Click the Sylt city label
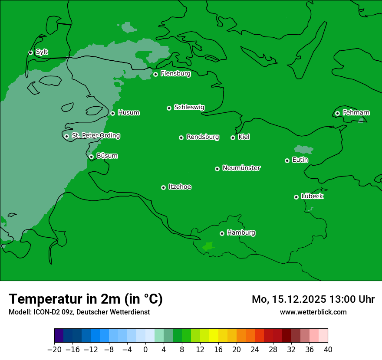pos(42,52)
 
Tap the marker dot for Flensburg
pos(155,74)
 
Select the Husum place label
pos(128,113)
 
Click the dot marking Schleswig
pos(169,108)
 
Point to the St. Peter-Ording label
pos(95,136)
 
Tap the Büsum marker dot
pos(91,157)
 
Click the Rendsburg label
pos(203,137)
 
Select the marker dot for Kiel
pos(233,137)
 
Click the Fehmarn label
pos(356,113)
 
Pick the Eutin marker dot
pos(287,160)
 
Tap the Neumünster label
pos(241,168)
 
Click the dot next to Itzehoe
pos(163,187)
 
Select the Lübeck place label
pos(312,196)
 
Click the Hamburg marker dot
pos(222,233)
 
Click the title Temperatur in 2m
pos(86,299)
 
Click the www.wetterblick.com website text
pos(313,312)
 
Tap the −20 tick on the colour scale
pos(54,350)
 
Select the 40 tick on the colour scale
pos(328,350)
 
